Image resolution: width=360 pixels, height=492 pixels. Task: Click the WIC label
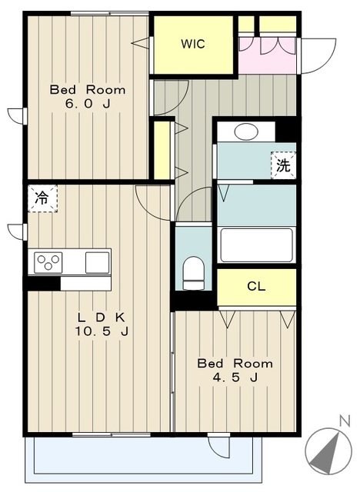click(193, 44)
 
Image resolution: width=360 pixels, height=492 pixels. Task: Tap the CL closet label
click(256, 286)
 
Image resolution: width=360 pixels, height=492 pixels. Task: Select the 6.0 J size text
click(88, 104)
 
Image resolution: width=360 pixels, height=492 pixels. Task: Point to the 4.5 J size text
click(235, 377)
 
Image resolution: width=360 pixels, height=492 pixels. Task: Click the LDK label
click(101, 317)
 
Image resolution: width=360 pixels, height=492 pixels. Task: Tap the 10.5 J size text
click(102, 331)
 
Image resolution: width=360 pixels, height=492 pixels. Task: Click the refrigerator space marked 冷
click(42, 198)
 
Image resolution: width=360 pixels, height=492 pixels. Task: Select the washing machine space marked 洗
click(283, 165)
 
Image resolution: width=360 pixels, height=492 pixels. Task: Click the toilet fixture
click(193, 273)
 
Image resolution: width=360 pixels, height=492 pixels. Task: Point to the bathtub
click(256, 245)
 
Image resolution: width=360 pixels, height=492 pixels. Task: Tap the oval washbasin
click(246, 131)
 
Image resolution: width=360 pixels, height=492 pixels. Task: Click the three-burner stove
click(48, 261)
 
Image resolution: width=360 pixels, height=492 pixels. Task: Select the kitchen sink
click(98, 262)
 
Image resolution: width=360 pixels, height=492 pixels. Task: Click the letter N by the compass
click(345, 421)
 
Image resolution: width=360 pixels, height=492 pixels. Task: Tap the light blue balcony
click(143, 459)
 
